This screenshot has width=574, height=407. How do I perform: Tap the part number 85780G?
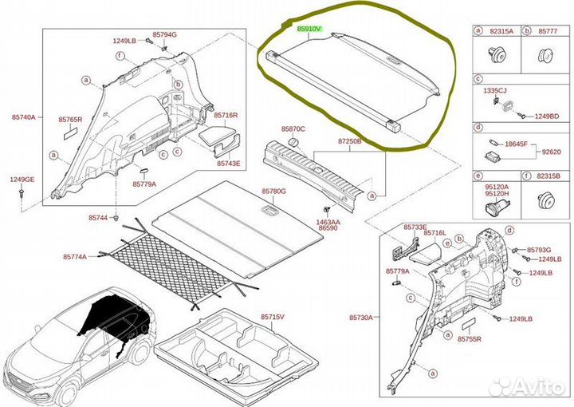point(273,192)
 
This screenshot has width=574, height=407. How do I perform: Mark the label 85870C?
point(293,128)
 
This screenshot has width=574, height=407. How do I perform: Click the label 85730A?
point(360,318)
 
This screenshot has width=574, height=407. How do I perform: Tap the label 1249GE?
point(22,180)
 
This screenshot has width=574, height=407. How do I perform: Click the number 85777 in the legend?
point(546,30)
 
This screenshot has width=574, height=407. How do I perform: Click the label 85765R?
point(69,120)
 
